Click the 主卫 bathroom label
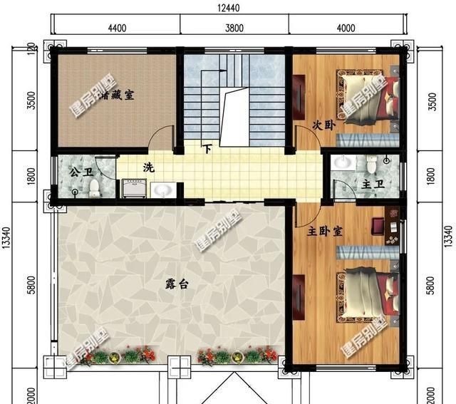[372, 185]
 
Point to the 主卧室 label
[325, 232]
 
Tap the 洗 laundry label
[147, 168]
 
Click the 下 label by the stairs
[207, 150]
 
